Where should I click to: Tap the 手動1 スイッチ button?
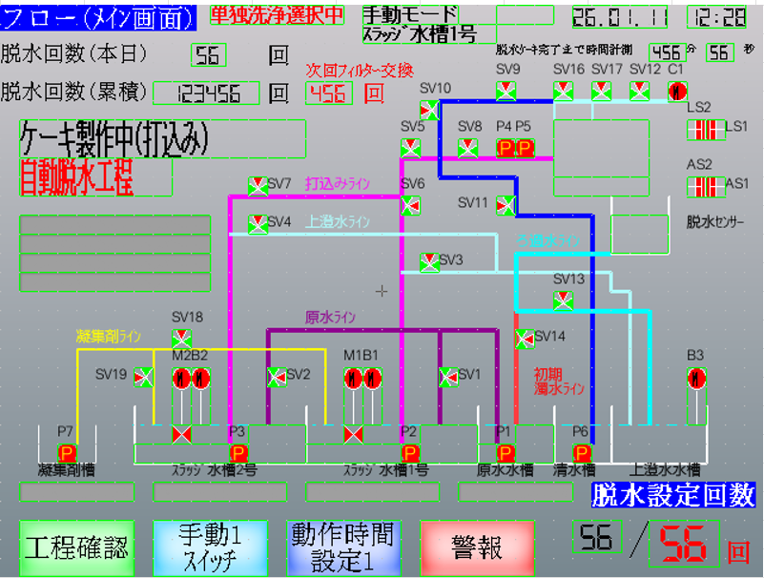(x=210, y=547)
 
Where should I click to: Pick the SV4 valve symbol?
(x=258, y=224)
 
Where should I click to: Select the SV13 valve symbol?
(x=563, y=300)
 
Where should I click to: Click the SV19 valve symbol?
(x=143, y=377)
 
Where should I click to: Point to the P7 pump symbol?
(x=67, y=452)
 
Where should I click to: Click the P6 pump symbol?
(x=582, y=452)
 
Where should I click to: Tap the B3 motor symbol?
(x=696, y=377)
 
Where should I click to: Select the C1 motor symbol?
(x=677, y=92)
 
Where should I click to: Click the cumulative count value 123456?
(x=206, y=93)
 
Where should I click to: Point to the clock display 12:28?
(x=716, y=17)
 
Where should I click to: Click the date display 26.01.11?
(x=629, y=17)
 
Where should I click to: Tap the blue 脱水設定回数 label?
(x=673, y=495)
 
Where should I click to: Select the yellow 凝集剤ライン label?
(x=110, y=336)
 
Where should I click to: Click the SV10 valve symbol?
(x=429, y=110)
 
